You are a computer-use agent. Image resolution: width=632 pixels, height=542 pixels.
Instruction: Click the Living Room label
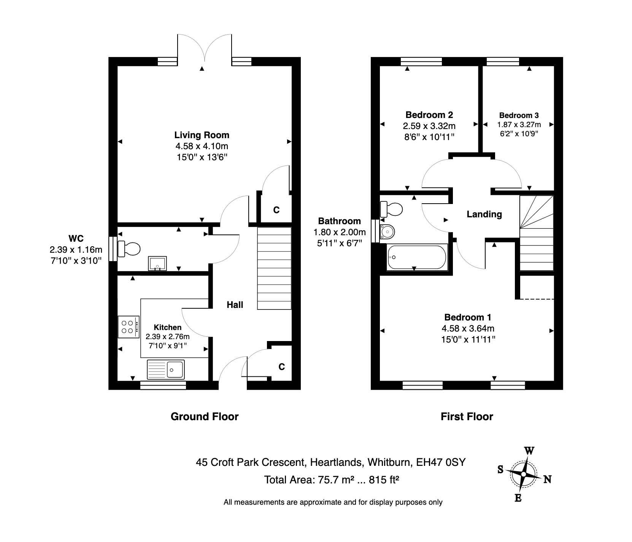coord(202,135)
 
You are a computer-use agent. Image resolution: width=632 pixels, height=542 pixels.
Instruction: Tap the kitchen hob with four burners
coord(127,327)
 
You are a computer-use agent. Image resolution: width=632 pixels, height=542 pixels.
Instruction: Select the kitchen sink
coord(165,369)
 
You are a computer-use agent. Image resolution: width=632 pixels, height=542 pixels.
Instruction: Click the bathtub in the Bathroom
coord(417,258)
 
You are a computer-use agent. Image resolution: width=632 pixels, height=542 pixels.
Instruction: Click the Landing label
coord(484,214)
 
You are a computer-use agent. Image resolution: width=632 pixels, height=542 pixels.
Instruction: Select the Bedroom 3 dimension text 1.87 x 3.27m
coord(519,124)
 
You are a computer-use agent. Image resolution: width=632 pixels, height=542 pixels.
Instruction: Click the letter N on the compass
coord(547,479)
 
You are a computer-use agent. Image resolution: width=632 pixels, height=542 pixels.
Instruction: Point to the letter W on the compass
coord(529,451)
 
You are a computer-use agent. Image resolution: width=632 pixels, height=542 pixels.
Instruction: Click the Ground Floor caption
coord(205,416)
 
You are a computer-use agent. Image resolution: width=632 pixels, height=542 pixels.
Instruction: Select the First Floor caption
coord(467,416)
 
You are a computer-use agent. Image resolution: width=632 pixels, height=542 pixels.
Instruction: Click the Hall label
coord(235,304)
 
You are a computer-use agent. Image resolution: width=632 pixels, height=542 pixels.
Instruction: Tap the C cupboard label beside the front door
coord(281,367)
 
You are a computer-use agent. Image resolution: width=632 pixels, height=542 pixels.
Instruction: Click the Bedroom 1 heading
coord(468,317)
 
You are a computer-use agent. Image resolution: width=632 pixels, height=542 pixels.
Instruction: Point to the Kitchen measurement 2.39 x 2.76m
coord(167,336)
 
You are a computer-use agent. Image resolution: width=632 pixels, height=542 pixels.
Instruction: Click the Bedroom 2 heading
coord(429,115)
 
